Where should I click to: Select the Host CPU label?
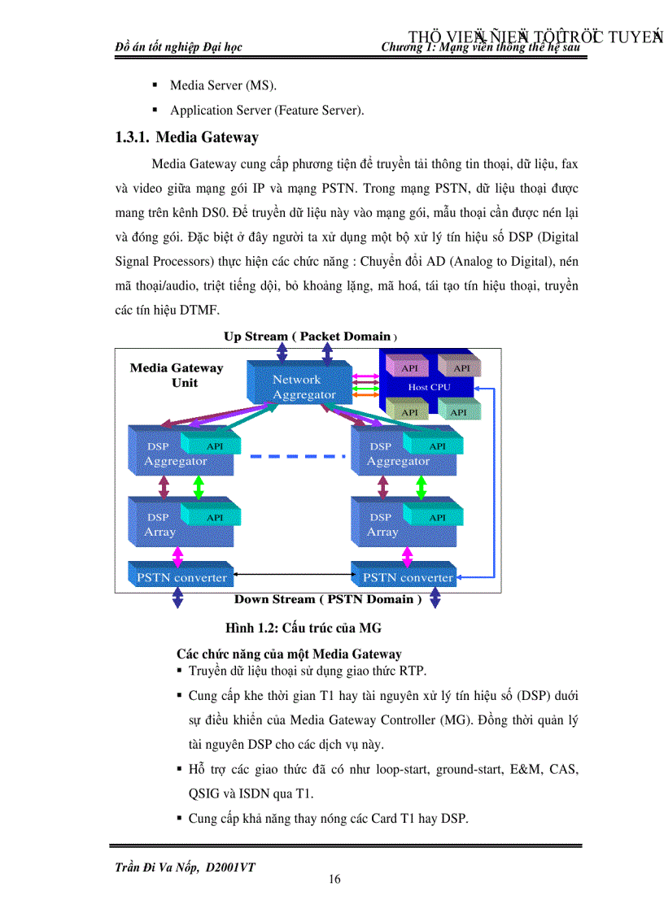tap(429, 387)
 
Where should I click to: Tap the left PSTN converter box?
tap(177, 577)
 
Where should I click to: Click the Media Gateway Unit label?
tap(177, 375)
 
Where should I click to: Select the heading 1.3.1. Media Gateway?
tap(186, 137)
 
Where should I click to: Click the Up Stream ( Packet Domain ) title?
tap(310, 336)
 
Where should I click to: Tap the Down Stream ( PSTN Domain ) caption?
tap(327, 599)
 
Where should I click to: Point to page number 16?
tap(334, 879)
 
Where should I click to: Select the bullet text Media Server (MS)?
tap(217, 85)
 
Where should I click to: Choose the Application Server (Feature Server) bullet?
tap(266, 110)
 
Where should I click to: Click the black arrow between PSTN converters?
tap(291, 577)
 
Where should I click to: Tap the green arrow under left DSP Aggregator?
tap(199, 487)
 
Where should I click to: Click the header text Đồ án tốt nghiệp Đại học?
tap(179, 47)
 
